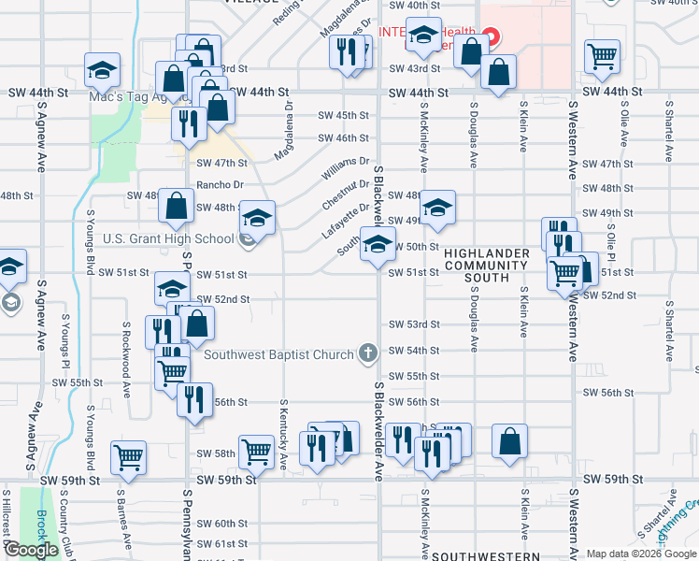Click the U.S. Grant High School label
click(168, 238)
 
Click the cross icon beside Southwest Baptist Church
click(368, 353)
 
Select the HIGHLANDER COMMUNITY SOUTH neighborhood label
click(487, 266)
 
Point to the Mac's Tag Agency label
click(130, 95)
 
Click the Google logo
click(31, 550)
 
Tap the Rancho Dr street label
click(220, 185)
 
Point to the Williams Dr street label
click(346, 169)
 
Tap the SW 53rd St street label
click(414, 324)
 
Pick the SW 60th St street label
click(221, 524)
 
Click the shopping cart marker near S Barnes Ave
click(129, 457)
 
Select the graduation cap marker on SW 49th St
click(436, 208)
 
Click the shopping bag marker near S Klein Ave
click(510, 441)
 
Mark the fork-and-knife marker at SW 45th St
click(189, 122)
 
